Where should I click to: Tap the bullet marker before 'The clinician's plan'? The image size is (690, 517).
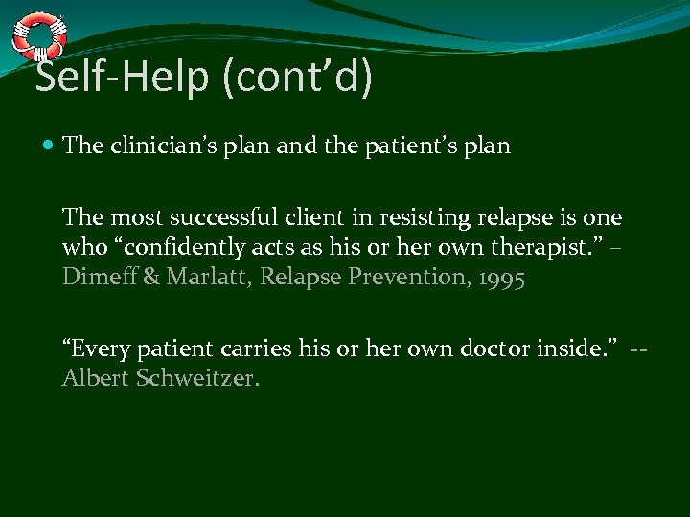49,146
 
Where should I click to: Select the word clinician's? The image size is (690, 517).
158,146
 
